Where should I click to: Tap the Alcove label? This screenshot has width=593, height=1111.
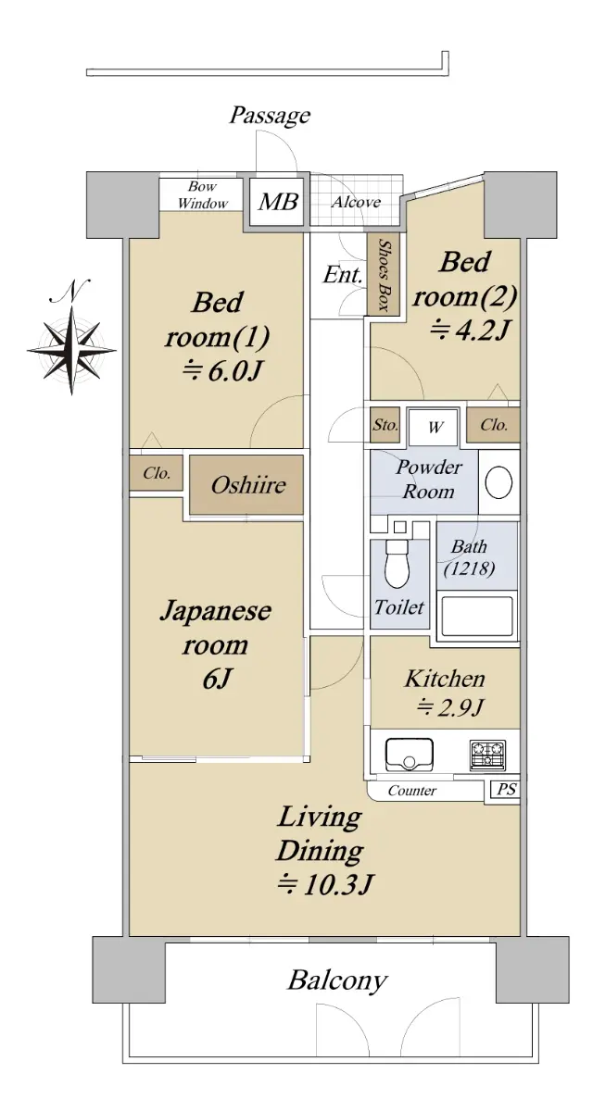(x=357, y=202)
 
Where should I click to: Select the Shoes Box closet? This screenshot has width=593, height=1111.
(x=384, y=273)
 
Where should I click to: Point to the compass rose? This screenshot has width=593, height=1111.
(x=72, y=350)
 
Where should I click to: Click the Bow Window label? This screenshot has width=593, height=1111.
(x=203, y=195)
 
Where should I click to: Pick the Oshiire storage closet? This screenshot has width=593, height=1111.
(x=246, y=484)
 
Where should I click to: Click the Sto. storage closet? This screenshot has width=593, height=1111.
(x=385, y=425)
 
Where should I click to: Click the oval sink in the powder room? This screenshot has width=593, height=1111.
(x=498, y=482)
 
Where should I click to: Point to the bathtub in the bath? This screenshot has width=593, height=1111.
(x=477, y=617)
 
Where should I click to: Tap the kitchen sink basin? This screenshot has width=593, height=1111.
(x=410, y=754)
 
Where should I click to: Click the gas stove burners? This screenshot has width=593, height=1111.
(x=487, y=755)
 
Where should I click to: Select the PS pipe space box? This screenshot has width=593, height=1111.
(x=506, y=789)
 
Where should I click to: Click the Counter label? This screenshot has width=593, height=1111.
(x=412, y=790)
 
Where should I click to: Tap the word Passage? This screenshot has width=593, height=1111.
(x=270, y=116)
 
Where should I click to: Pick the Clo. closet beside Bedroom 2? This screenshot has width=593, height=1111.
(x=493, y=425)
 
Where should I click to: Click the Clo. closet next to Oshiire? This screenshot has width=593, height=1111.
(x=157, y=473)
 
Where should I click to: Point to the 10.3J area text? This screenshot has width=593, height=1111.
(x=324, y=884)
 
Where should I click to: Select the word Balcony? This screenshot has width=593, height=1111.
(x=337, y=980)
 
